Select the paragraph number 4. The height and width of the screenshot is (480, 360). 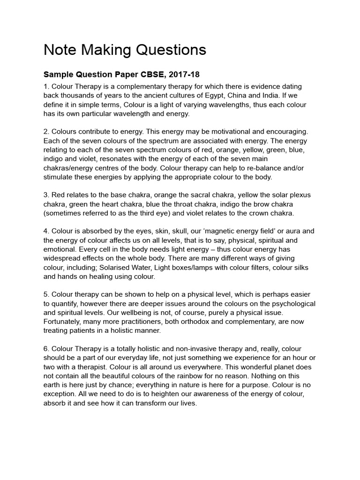[46, 231]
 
